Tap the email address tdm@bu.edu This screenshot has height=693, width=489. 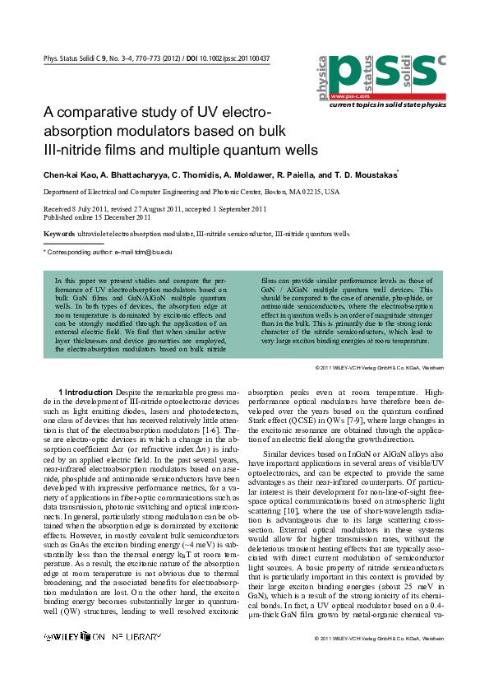point(155,251)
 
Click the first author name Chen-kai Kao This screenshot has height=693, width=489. point(70,175)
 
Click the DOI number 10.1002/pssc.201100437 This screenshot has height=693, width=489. point(232,59)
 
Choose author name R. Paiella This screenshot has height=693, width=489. point(297,175)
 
